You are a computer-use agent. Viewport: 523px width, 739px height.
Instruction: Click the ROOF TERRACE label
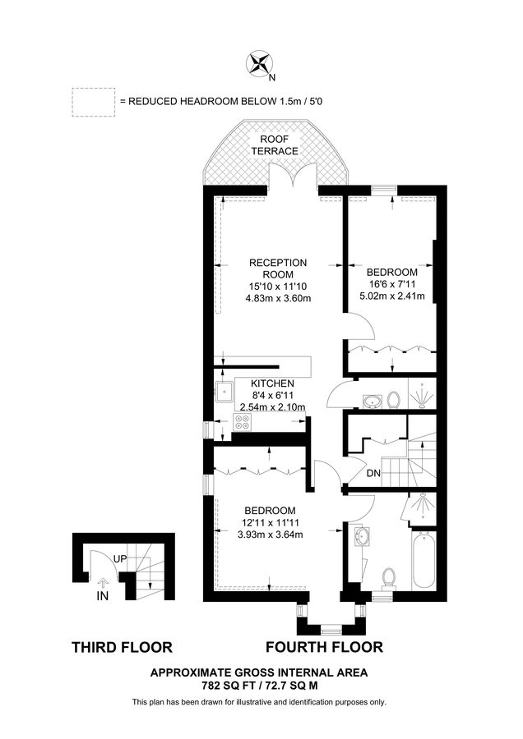coord(274,145)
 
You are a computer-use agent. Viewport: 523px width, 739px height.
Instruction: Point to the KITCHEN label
coord(272,383)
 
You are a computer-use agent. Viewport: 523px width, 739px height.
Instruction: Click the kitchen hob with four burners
coord(243,422)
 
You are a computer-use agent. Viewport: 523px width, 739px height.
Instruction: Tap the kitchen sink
coord(223,391)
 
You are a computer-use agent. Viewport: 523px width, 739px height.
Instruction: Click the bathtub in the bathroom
coord(424,559)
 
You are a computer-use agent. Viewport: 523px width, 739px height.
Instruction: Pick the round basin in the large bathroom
coord(361,536)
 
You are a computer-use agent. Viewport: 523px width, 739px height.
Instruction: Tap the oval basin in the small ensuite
coord(373,402)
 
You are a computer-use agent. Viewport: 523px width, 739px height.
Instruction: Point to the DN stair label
coord(373,474)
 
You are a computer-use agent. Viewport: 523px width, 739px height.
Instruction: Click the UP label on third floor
coord(120,559)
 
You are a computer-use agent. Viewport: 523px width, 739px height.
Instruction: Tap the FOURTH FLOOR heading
coord(324,647)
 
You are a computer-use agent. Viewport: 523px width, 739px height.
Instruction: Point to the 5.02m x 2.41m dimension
coord(392,296)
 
